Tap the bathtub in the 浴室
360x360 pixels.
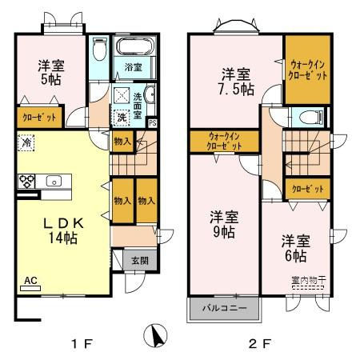134,46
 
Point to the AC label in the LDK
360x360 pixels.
30,281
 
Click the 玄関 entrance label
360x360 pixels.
139,259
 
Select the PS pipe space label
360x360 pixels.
153,122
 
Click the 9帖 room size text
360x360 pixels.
223,232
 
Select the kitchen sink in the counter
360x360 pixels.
54,180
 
